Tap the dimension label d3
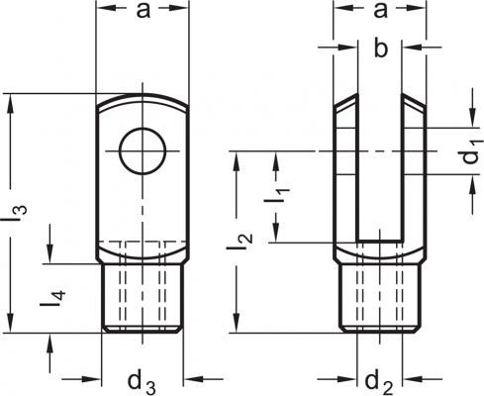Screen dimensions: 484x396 (142, 383)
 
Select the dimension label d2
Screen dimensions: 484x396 (379, 383)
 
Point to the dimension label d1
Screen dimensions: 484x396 (472, 152)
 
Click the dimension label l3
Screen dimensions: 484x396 (17, 214)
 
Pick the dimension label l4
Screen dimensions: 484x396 (52, 299)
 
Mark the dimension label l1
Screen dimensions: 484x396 (277, 196)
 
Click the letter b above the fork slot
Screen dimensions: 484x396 (381, 49)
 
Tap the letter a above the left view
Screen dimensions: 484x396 (144, 10)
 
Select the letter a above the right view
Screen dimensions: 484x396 (380, 10)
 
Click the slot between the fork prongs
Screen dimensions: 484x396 (380, 166)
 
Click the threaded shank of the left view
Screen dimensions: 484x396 (142, 297)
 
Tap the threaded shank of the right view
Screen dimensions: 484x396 (380, 297)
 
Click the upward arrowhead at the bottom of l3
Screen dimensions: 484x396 (11, 323)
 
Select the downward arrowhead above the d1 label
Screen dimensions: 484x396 (473, 117)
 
